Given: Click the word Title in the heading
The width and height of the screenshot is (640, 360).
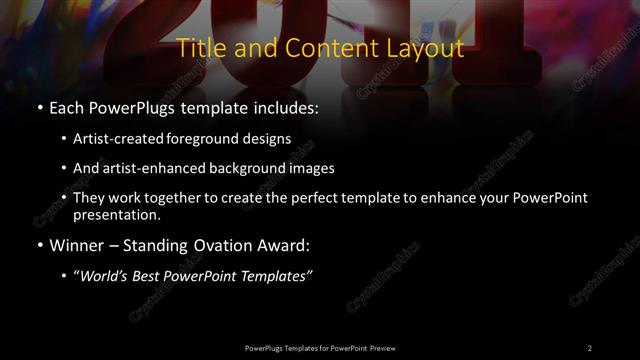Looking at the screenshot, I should click(198, 48).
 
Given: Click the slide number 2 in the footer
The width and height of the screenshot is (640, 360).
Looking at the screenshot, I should click(589, 347).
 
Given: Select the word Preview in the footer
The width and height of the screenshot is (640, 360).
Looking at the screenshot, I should click(380, 347).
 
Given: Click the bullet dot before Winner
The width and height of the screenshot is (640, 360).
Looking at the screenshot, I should click(38, 245).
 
